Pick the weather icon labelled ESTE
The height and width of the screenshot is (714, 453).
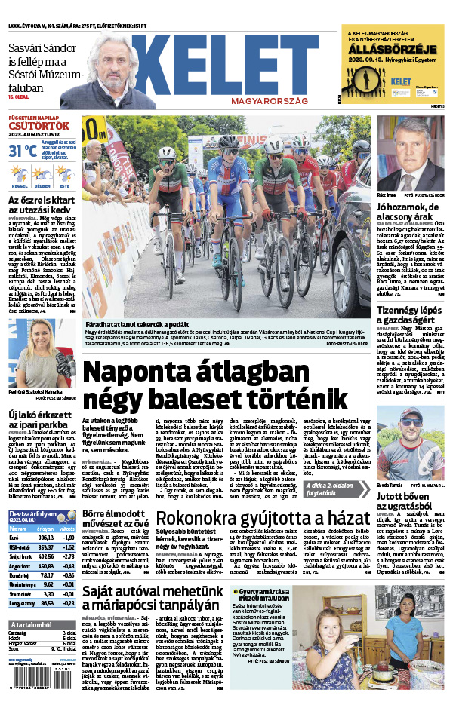tap(66, 174)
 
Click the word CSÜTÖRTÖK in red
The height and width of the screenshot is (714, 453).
tap(29, 125)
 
